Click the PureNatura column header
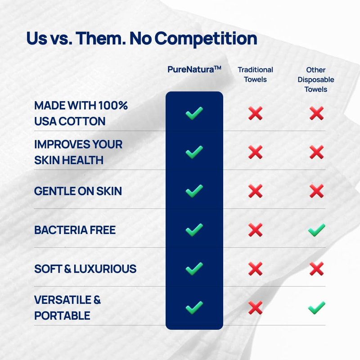pyautogui.click(x=194, y=69)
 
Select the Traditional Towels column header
pyautogui.click(x=255, y=74)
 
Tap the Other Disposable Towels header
pyautogui.click(x=316, y=80)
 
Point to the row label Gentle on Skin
pyautogui.click(x=78, y=191)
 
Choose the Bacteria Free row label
pyautogui.click(x=75, y=230)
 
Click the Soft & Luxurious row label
pyautogui.click(x=85, y=269)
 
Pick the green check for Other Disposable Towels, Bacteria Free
pyautogui.click(x=317, y=230)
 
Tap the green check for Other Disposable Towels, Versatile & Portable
pyautogui.click(x=317, y=308)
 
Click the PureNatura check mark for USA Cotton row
pyautogui.click(x=194, y=113)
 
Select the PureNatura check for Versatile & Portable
pyautogui.click(x=194, y=308)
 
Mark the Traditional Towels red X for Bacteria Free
pyautogui.click(x=255, y=230)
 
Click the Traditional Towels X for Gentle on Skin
pyautogui.click(x=255, y=191)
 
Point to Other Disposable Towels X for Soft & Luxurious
pyautogui.click(x=317, y=269)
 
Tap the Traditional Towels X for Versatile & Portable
pyautogui.click(x=255, y=308)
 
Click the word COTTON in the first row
pyautogui.click(x=82, y=121)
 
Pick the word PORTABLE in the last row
pyautogui.click(x=62, y=316)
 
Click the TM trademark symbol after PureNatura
pyautogui.click(x=217, y=67)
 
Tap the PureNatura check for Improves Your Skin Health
pyautogui.click(x=194, y=152)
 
